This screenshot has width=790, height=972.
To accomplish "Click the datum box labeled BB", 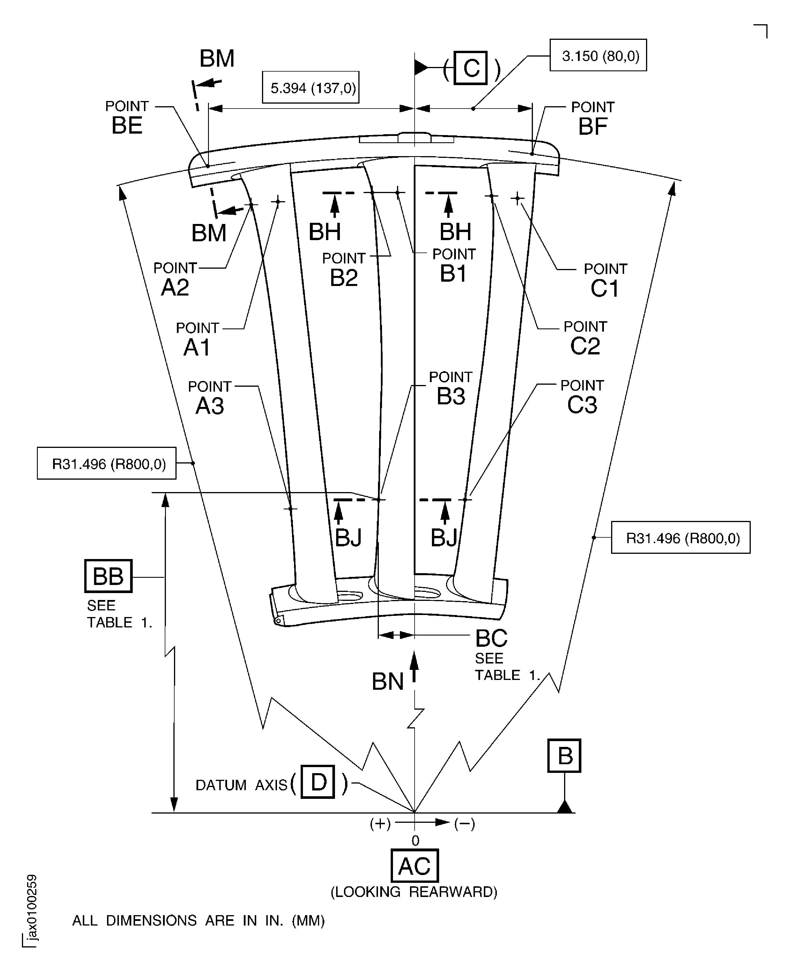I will tap(108, 576).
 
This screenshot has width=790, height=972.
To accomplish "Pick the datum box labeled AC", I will tap(415, 866).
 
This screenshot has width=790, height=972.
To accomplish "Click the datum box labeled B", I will tap(564, 756).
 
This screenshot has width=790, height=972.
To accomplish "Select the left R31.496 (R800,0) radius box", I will tap(106, 463).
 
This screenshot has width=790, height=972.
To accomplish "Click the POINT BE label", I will tap(127, 118).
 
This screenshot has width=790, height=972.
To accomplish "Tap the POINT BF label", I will tap(593, 119).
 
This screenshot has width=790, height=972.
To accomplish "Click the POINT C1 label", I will tap(605, 280).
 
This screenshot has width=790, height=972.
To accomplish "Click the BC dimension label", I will tap(491, 638).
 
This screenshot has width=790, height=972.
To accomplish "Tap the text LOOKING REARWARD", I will tap(414, 892).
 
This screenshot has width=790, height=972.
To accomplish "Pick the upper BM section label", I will tap(217, 59).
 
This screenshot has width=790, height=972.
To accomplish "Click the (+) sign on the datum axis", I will tap(380, 824).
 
